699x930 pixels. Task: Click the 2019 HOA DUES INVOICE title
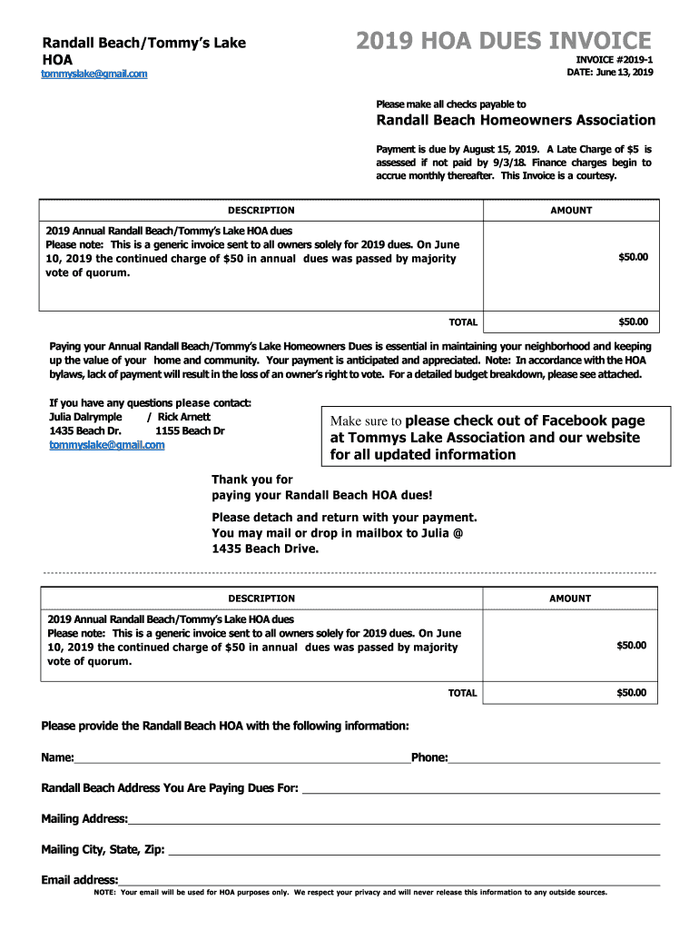[x=503, y=41]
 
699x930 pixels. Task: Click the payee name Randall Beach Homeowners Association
[x=516, y=120]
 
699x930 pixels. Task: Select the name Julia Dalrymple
[x=85, y=417]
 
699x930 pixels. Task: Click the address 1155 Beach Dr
[x=190, y=430]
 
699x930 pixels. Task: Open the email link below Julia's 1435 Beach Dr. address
[x=107, y=445]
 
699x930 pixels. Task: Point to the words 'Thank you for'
[x=252, y=480]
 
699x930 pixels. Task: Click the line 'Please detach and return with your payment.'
[x=344, y=518]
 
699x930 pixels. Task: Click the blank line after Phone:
[x=554, y=759]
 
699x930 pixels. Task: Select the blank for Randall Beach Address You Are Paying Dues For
[x=480, y=789]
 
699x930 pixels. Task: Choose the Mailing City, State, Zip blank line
[x=414, y=851]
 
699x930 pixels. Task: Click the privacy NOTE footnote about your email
[x=350, y=893]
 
